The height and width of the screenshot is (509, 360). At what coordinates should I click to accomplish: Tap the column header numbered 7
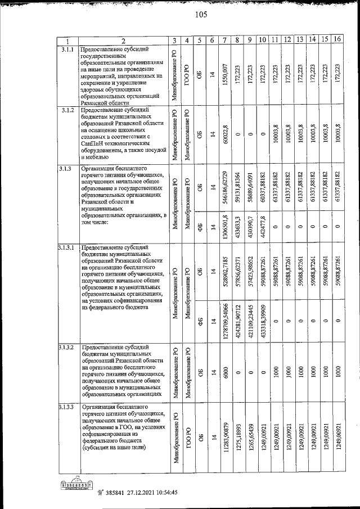(x=224, y=40)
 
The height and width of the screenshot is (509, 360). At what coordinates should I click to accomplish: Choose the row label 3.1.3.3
(x=68, y=407)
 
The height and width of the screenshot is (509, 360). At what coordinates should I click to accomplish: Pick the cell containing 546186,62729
(x=224, y=188)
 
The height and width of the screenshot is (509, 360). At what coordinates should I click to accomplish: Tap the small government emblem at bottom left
(x=76, y=485)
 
